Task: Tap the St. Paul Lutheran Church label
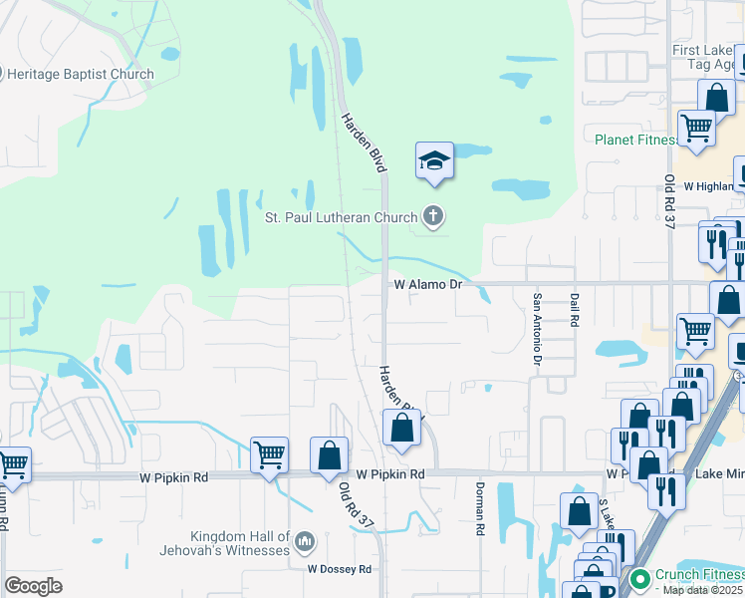click(342, 215)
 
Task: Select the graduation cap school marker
click(434, 161)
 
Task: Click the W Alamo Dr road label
click(428, 284)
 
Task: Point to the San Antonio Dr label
click(537, 327)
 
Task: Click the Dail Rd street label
click(575, 310)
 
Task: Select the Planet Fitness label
click(635, 140)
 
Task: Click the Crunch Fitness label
click(690, 575)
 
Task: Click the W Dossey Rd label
click(339, 569)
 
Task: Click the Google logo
click(33, 586)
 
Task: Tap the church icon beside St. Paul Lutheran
click(432, 214)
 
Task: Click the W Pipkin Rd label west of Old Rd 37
click(173, 477)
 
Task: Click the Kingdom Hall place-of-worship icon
click(304, 543)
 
